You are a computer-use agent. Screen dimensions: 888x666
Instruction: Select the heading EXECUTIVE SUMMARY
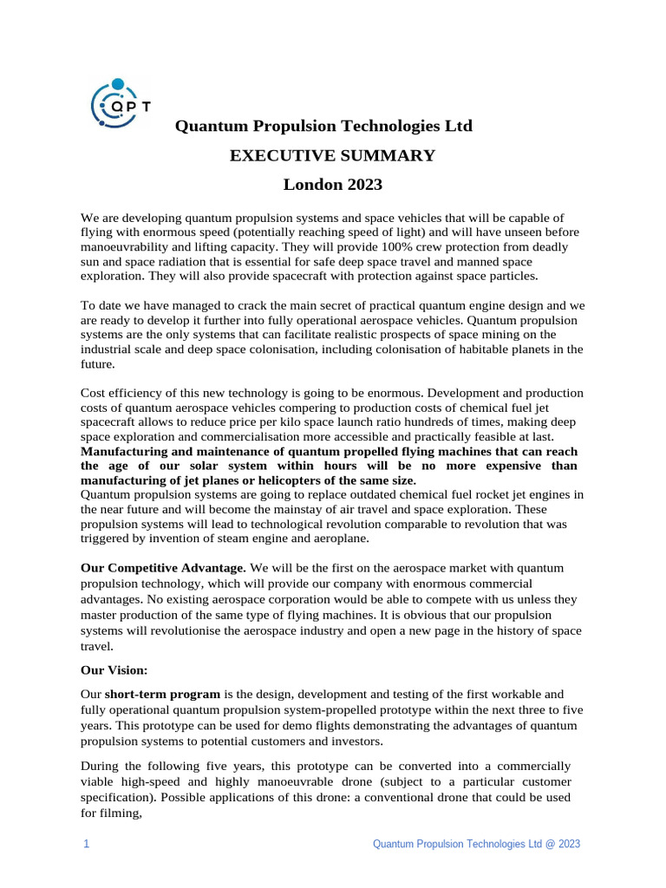tap(332, 156)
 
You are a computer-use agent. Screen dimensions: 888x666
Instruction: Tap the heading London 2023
tap(332, 185)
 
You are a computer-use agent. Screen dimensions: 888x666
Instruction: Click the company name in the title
tap(324, 127)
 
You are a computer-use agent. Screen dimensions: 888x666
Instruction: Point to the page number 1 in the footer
tap(86, 844)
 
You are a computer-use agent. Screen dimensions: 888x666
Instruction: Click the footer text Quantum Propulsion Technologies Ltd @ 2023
tap(476, 844)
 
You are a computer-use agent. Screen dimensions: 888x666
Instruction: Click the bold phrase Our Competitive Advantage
tap(163, 568)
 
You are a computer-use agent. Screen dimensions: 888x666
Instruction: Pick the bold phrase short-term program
tap(163, 694)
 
